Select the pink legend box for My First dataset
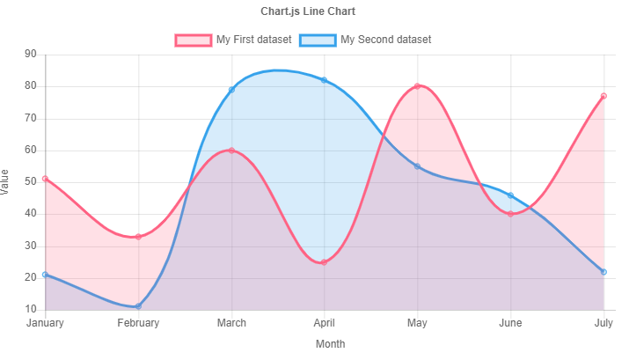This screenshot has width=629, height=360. tap(194, 40)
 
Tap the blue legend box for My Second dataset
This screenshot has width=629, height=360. tap(318, 40)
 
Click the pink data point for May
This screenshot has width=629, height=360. tap(417, 86)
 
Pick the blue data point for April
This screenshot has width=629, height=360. tap(324, 80)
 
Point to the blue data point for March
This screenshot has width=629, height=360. tap(231, 90)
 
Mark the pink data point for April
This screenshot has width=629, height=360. tap(324, 262)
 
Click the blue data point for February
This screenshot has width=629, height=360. tap(138, 306)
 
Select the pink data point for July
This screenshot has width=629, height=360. tap(603, 96)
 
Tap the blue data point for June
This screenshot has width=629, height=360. tap(510, 195)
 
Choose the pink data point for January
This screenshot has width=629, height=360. tap(45, 179)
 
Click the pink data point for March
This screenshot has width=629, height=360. tap(231, 151)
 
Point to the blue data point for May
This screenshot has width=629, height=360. tap(417, 166)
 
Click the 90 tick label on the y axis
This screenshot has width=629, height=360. tap(31, 55)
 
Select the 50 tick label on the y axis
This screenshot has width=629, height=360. tap(31, 182)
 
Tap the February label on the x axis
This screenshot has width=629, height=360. tap(138, 323)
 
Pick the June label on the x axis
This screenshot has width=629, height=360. tap(510, 323)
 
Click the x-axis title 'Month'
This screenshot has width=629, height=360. tap(331, 344)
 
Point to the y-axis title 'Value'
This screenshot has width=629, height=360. tap(7, 182)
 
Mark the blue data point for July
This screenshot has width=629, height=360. tap(603, 272)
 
